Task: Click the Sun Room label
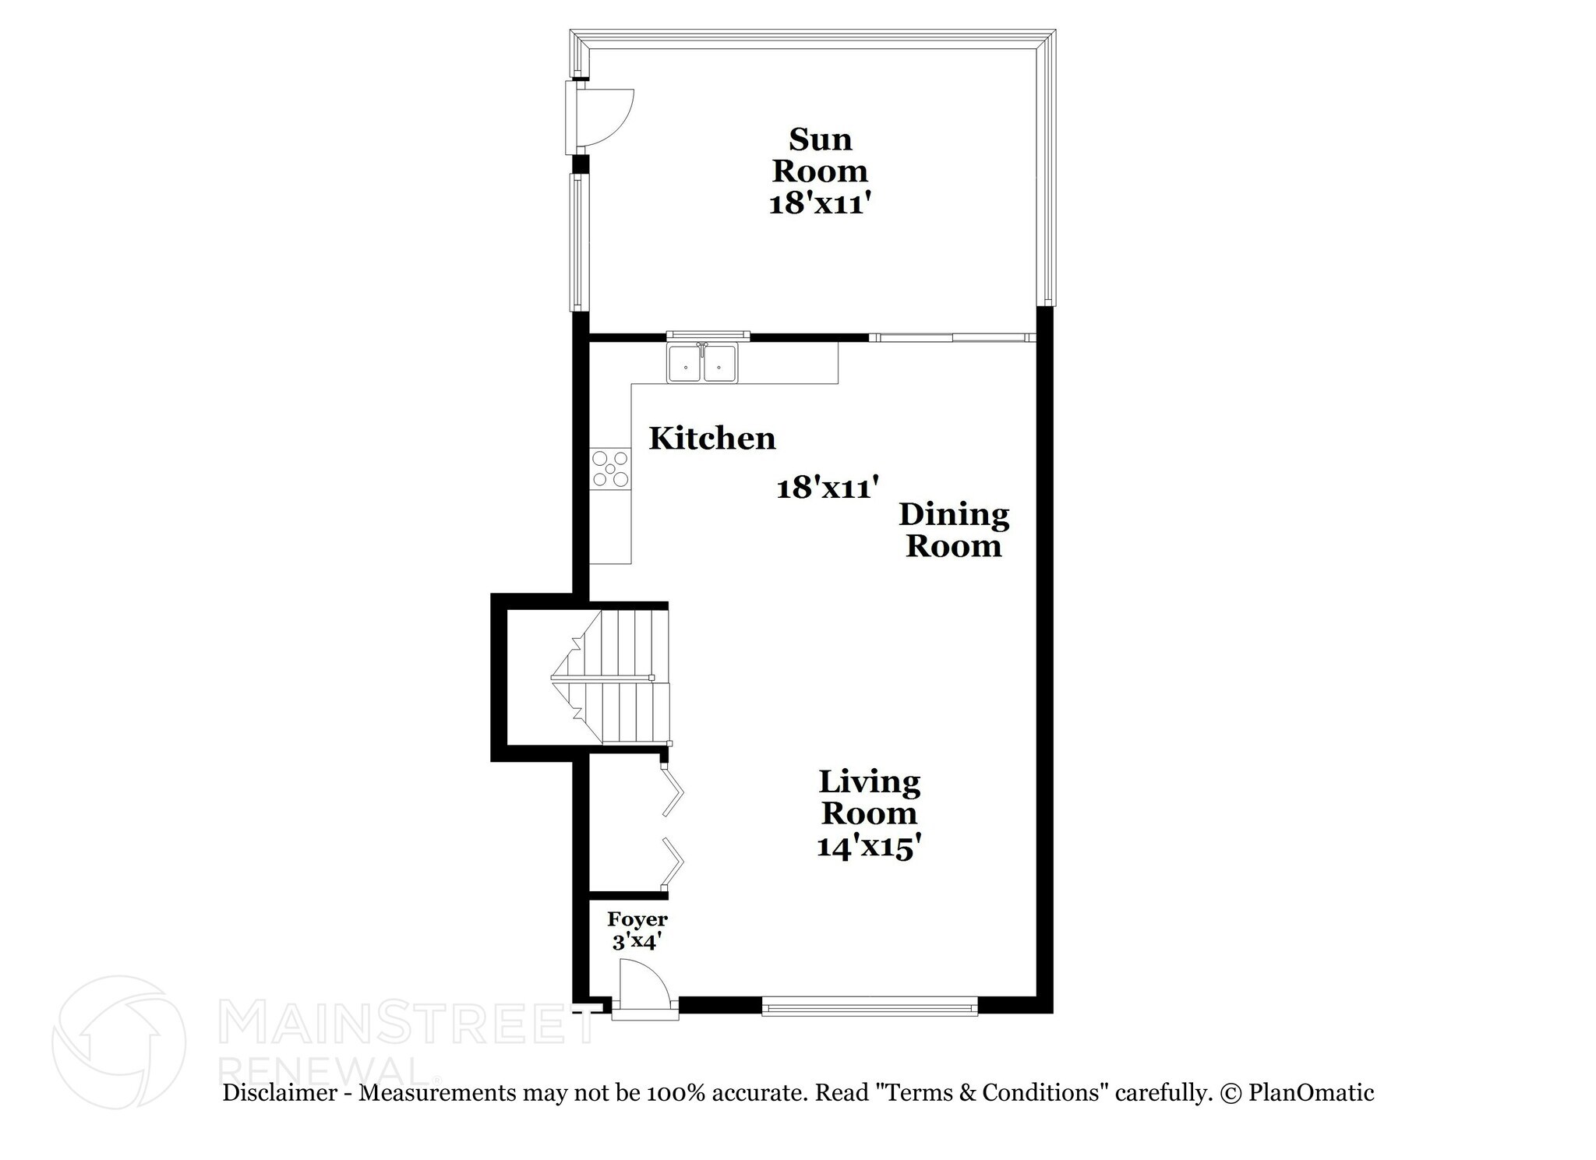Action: tap(819, 155)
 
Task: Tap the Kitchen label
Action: tap(712, 439)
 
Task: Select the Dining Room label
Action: tap(953, 530)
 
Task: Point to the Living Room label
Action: tap(869, 797)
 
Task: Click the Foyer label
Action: tap(637, 919)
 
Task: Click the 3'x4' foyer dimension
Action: tap(637, 941)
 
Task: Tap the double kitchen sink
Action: tap(702, 363)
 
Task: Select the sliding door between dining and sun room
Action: tap(952, 337)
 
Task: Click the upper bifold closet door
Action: tap(672, 792)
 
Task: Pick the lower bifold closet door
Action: tap(672, 862)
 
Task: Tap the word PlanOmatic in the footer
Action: tap(1311, 1092)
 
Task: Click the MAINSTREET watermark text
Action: tap(405, 1023)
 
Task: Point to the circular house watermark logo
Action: tap(118, 1042)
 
